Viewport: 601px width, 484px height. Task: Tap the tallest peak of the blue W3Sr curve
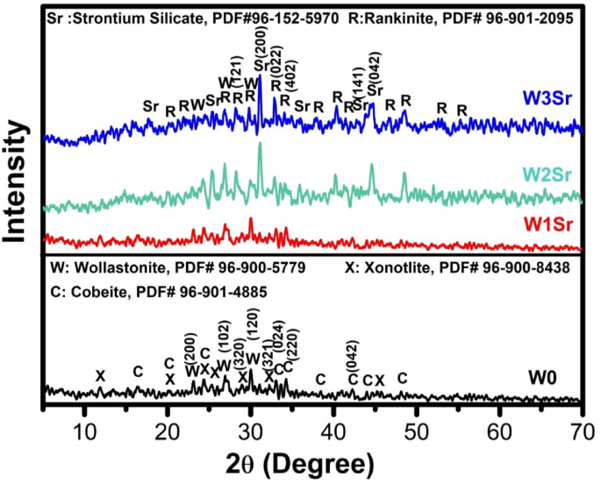pos(260,77)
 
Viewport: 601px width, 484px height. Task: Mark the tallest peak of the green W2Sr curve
pos(260,146)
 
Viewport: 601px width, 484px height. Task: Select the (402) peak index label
pos(290,88)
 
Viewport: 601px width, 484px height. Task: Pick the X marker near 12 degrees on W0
pos(100,375)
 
